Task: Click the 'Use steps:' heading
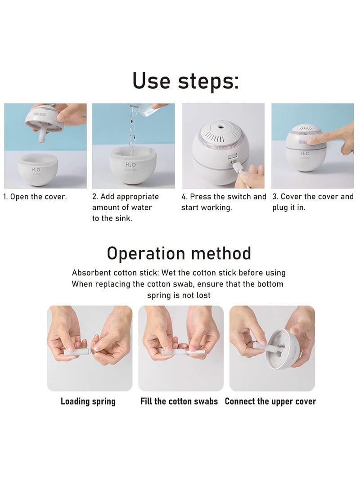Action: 186,81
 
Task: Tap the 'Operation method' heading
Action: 179,253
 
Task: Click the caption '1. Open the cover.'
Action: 35,197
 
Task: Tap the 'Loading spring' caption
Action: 88,401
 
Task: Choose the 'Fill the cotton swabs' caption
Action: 179,401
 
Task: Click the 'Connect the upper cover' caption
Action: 270,401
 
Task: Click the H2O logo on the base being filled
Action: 130,165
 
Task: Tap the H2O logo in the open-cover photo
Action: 36,170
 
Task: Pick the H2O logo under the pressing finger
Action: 305,153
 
